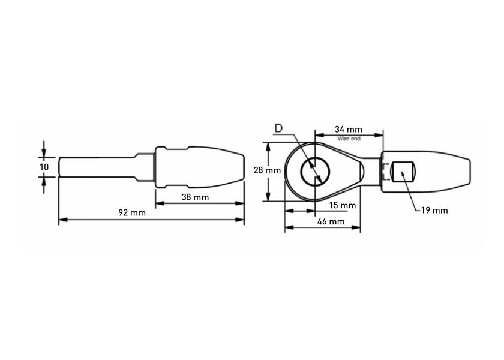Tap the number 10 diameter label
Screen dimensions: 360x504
click(x=44, y=166)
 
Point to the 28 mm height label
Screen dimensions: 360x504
click(x=267, y=170)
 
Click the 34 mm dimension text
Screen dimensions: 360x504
click(x=348, y=129)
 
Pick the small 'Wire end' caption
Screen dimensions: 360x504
click(x=349, y=138)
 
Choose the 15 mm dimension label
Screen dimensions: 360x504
click(x=343, y=205)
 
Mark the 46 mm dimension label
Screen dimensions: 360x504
click(x=331, y=221)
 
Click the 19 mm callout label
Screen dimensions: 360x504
click(x=434, y=210)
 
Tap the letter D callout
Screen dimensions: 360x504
click(x=278, y=128)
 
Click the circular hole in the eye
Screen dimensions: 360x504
click(x=315, y=172)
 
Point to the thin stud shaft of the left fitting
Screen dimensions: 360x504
click(x=96, y=166)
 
